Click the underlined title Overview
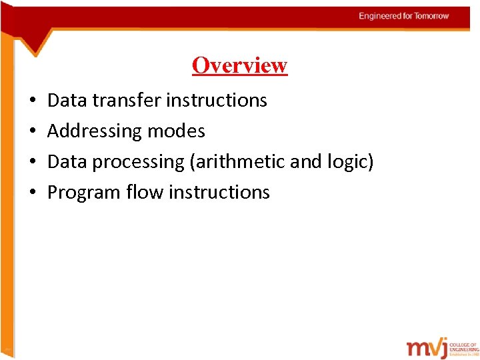click(239, 65)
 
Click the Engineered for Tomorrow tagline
click(404, 16)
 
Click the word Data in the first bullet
click(67, 101)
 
